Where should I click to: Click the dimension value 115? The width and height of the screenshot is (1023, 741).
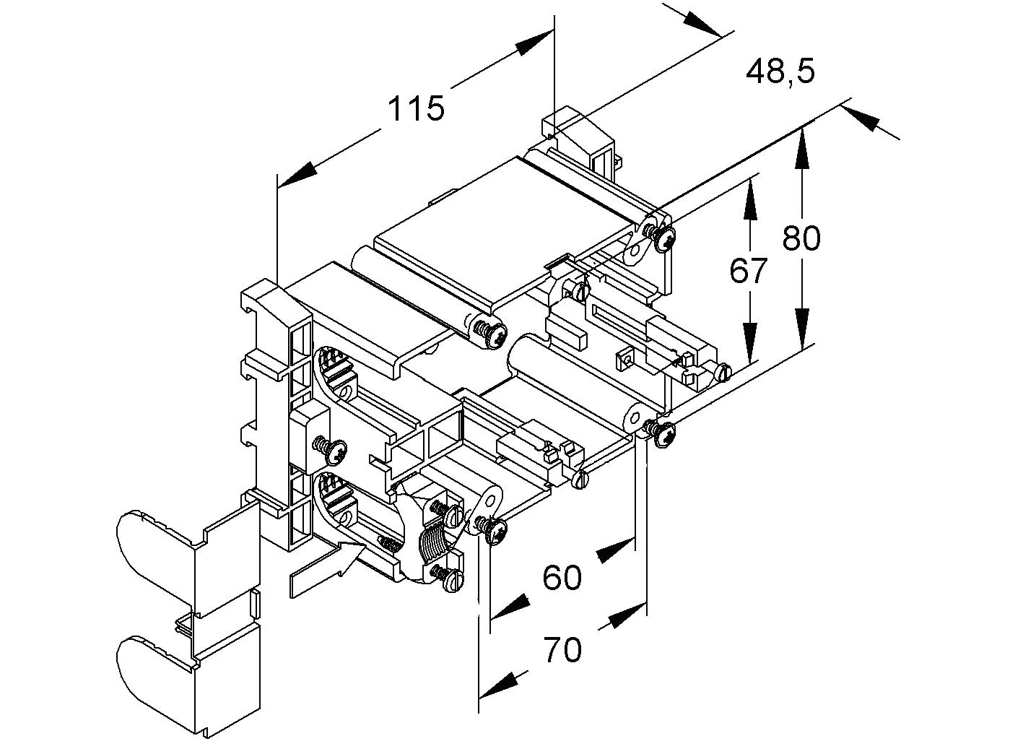[x=417, y=109]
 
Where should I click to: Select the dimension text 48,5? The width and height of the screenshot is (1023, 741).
[x=780, y=71]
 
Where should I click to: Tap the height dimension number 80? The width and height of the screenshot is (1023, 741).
[x=801, y=238]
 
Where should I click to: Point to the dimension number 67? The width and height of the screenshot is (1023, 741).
[x=748, y=272]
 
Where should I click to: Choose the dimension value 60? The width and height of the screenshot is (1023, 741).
[x=562, y=578]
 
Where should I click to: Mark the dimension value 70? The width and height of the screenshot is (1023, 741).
[x=562, y=651]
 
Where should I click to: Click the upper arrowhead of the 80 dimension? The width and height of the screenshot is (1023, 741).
[x=801, y=148]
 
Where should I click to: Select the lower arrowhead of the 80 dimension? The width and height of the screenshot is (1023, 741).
[x=801, y=329]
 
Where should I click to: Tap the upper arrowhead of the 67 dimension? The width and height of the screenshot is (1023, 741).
[x=751, y=197]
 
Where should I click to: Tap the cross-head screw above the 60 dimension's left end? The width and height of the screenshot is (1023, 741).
[x=495, y=532]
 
